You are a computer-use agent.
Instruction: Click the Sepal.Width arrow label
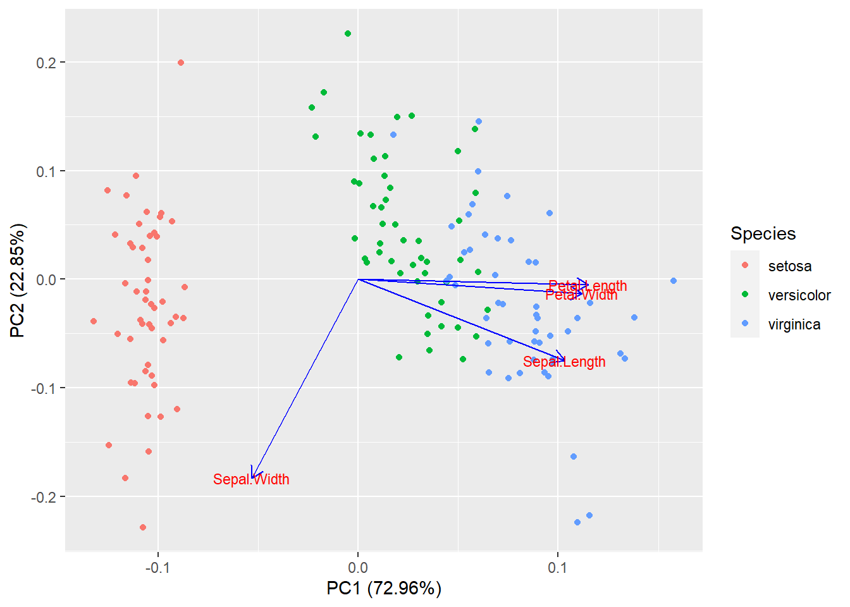[251, 479]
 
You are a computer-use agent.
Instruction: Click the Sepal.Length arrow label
[564, 362]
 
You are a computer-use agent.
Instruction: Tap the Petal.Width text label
[581, 295]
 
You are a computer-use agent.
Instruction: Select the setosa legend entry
[789, 266]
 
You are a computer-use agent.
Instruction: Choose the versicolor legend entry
[799, 295]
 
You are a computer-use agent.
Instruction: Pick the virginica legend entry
[794, 324]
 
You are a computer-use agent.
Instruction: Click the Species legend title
[763, 233]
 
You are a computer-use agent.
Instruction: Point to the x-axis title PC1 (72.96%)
[384, 589]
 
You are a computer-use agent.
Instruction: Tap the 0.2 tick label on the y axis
[47, 63]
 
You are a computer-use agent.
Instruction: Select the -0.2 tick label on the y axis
[44, 497]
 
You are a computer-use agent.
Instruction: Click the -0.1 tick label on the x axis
[157, 567]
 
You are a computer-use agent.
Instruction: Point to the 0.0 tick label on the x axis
[358, 567]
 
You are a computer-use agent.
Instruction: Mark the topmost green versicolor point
[348, 34]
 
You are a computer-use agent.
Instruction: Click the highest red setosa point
[181, 63]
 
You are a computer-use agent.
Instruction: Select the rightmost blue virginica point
[674, 281]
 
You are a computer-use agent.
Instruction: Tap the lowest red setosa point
[143, 527]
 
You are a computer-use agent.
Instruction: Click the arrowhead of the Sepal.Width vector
[252, 476]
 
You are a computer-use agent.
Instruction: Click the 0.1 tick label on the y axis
[47, 171]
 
